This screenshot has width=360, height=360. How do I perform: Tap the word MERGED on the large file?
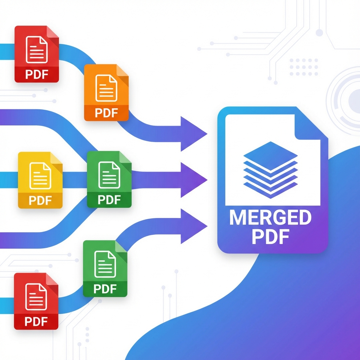tap(270, 218)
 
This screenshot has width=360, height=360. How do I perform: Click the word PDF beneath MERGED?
tap(270, 237)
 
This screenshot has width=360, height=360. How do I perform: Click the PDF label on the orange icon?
tap(106, 113)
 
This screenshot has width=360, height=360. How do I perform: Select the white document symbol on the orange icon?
tap(106, 88)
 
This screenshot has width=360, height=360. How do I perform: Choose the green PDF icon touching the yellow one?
tap(109, 179)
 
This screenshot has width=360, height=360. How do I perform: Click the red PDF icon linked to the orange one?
tap(37, 54)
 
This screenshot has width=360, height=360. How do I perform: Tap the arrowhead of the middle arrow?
tap(193, 180)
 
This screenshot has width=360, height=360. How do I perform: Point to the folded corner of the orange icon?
tap(122, 70)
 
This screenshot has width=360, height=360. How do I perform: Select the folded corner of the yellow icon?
tap(56, 158)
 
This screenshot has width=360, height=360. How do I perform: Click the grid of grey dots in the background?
tap(304, 67)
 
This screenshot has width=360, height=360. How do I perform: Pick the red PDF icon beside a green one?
tap(36, 301)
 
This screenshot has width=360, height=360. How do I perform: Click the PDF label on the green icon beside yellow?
tap(109, 200)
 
